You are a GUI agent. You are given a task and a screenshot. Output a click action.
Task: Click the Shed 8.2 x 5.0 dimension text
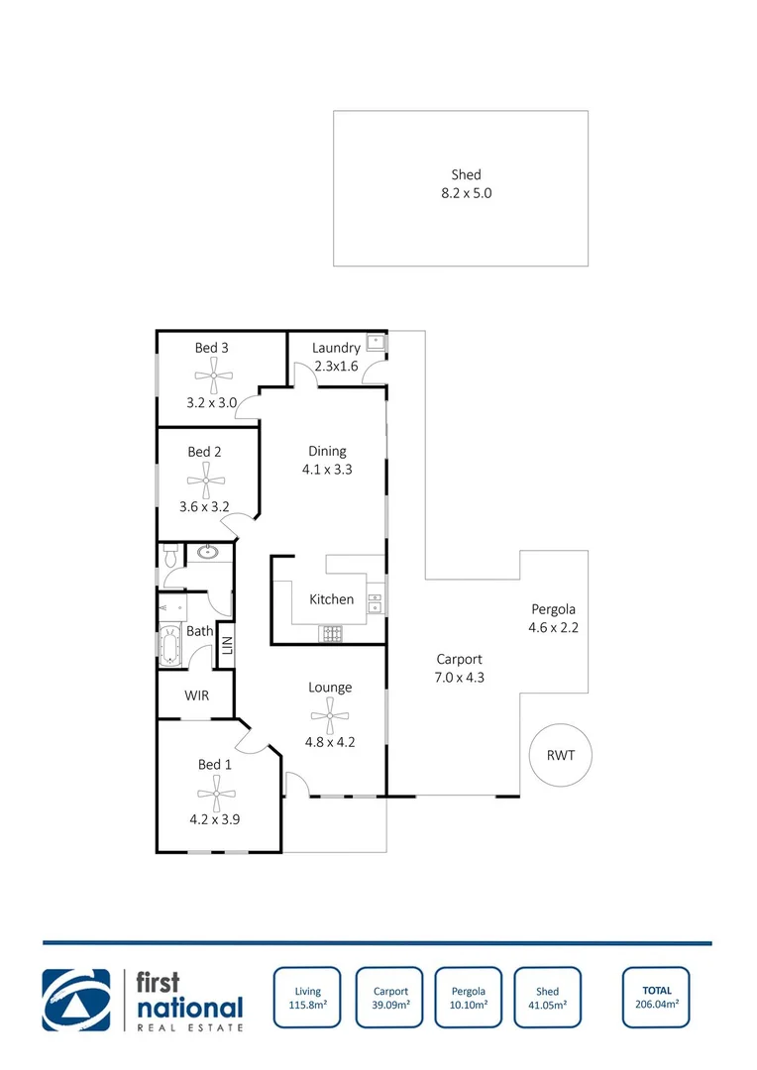point(466,193)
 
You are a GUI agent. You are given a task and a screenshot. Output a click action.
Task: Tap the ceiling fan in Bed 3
point(212,375)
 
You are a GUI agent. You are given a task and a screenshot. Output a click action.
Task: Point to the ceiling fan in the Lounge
point(329,710)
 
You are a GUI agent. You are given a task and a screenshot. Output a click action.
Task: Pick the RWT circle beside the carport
point(560,755)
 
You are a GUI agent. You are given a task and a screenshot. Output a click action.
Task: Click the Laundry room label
point(336,348)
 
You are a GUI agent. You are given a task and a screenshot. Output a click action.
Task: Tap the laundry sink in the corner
point(376,343)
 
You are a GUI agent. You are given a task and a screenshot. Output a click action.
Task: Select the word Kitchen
point(331,599)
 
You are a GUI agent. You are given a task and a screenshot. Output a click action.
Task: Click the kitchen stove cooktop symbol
point(330,632)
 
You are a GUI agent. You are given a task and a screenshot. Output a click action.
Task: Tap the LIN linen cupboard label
point(226,645)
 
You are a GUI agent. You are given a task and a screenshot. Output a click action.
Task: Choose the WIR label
point(196,695)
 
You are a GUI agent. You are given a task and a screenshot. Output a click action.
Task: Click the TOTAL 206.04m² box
point(656,997)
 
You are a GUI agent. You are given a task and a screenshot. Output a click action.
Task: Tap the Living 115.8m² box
point(307,997)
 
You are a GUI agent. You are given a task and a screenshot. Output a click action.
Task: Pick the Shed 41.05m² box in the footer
point(547,997)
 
